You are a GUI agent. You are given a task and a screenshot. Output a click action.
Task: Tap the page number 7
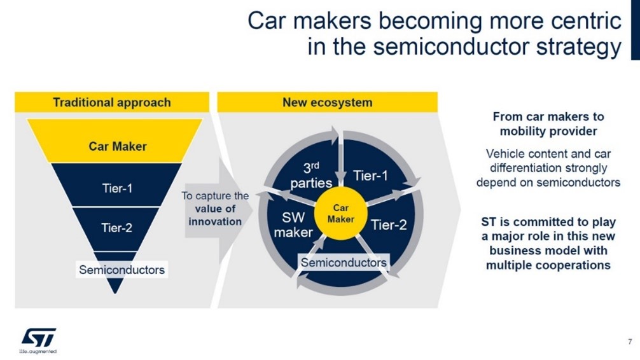click(x=630, y=342)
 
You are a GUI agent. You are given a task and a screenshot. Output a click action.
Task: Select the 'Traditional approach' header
click(x=112, y=102)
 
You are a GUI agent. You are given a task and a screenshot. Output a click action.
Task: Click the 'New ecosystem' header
click(x=328, y=102)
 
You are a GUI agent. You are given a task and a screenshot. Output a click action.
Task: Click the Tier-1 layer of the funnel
click(x=116, y=185)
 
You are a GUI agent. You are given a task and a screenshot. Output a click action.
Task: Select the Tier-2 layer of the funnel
click(x=116, y=228)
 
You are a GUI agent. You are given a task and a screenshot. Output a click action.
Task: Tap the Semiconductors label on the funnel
click(x=122, y=270)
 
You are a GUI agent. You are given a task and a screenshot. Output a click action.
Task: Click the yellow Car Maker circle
click(x=341, y=214)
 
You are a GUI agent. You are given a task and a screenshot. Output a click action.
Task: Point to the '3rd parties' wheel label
click(x=311, y=176)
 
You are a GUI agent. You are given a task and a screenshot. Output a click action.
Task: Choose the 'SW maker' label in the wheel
click(x=293, y=225)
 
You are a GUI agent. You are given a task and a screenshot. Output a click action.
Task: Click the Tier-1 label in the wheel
click(x=370, y=176)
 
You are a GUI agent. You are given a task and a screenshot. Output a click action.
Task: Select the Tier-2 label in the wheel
click(x=389, y=225)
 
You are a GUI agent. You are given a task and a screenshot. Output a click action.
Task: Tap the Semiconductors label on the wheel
click(x=344, y=263)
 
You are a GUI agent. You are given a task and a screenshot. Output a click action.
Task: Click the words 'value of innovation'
click(x=215, y=215)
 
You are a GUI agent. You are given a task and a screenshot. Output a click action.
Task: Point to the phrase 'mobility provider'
click(x=548, y=132)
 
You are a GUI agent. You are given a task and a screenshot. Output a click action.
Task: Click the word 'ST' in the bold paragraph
click(x=488, y=222)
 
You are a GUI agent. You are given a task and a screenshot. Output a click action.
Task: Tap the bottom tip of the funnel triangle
click(x=116, y=293)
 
